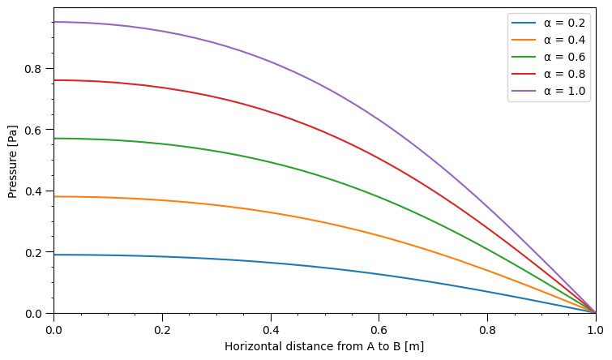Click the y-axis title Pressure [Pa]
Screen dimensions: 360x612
(13, 161)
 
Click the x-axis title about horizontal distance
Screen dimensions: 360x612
(324, 346)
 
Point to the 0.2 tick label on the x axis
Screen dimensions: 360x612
(162, 328)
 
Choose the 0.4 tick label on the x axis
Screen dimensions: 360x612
(271, 328)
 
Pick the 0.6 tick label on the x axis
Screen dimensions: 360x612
(379, 328)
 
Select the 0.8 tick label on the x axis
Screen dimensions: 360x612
(487, 328)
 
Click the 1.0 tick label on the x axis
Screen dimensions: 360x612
(595, 328)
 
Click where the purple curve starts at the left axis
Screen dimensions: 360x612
(54, 22)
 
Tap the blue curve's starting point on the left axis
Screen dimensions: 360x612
(54, 255)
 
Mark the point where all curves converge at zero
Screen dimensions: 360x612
(595, 313)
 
